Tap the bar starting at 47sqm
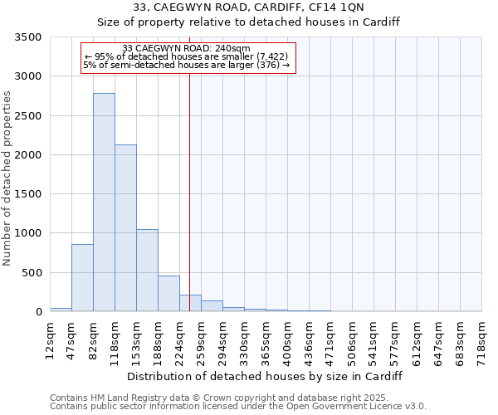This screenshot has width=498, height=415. pos(82,278)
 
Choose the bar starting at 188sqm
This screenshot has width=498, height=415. pos(168,294)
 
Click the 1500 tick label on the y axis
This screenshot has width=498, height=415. pos(29,194)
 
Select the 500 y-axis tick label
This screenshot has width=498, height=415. pos(32,273)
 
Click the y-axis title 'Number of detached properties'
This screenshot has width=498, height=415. pos(8,178)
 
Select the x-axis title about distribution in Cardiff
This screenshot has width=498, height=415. pos(266,376)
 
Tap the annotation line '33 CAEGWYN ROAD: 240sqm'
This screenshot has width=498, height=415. pos(179,49)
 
